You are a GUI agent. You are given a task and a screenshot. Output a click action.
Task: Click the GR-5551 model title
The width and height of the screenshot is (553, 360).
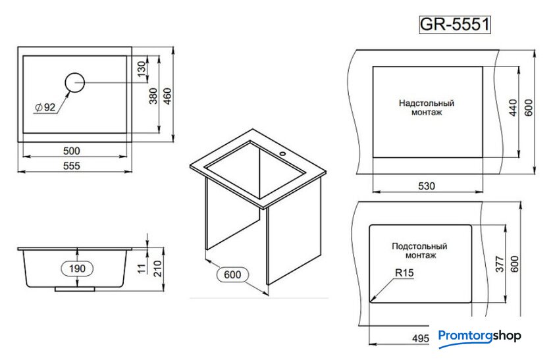(x=455, y=24)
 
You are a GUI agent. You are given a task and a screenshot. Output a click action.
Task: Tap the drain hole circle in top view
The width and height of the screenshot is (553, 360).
(x=75, y=82)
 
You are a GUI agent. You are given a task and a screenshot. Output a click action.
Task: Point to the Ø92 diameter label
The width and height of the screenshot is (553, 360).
(x=46, y=107)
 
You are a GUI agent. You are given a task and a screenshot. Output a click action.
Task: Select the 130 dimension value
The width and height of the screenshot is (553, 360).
(x=141, y=69)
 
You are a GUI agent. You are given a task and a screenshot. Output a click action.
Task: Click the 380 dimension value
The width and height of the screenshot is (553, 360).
(x=153, y=96)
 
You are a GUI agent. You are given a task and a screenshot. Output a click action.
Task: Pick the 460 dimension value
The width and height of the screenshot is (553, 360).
(x=167, y=96)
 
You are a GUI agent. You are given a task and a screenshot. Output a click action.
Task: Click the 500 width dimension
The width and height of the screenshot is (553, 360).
(x=72, y=151)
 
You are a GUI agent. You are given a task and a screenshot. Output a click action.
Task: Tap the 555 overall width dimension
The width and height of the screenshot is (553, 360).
(x=72, y=166)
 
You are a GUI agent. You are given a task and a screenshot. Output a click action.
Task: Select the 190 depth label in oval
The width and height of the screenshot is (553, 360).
(x=77, y=269)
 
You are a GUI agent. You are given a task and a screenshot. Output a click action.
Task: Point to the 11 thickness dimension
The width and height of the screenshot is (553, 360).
(x=142, y=269)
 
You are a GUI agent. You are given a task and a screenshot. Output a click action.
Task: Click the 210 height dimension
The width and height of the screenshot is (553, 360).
(x=157, y=269)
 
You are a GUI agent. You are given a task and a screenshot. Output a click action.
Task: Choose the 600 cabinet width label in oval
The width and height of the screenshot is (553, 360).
(x=232, y=274)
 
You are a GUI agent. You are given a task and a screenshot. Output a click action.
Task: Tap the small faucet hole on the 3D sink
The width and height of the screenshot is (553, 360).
(x=282, y=154)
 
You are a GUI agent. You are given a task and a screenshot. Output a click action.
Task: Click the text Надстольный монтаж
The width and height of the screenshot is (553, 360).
(x=427, y=108)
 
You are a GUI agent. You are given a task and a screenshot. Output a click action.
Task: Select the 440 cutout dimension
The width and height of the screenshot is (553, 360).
(x=513, y=107)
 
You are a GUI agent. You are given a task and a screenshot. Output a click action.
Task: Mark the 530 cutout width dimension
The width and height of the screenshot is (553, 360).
(x=427, y=186)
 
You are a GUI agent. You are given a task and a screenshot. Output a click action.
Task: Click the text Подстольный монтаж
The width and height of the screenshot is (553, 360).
(x=420, y=250)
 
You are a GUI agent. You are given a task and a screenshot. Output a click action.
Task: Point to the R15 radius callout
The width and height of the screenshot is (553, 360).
(x=404, y=273)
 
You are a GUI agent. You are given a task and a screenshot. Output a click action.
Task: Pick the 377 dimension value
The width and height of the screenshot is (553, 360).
(x=500, y=264)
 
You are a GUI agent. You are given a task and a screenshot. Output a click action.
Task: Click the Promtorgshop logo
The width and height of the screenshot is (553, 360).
(x=479, y=336)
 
